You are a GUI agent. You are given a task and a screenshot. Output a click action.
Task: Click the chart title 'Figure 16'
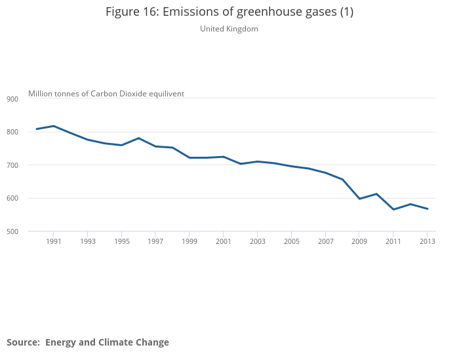[x=229, y=12]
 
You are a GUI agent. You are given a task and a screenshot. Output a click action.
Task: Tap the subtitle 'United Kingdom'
[x=229, y=29]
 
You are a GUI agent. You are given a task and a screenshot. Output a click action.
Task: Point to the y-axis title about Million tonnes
[x=106, y=94]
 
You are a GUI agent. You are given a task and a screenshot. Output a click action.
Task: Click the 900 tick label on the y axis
[x=13, y=99]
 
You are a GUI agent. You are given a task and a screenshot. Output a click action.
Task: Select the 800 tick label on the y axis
[x=13, y=132]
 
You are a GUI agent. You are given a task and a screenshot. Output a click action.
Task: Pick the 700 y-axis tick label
[x=13, y=165]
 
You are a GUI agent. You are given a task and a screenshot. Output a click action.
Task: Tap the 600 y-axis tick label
[x=13, y=198]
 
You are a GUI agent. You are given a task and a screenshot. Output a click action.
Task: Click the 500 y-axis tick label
[x=13, y=231]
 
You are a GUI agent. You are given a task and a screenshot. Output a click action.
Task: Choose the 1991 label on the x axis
[x=54, y=241]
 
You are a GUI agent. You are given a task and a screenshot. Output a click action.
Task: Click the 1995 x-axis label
[x=121, y=241]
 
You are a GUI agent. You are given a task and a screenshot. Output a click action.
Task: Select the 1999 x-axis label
[x=190, y=241]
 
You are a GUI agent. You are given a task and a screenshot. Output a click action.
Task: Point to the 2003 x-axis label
[x=258, y=241]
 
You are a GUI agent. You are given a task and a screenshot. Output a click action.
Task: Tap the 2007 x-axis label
[x=326, y=241]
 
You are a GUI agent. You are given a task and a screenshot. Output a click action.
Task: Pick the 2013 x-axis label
[x=428, y=241]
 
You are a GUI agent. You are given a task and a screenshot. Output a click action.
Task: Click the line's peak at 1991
[x=54, y=126]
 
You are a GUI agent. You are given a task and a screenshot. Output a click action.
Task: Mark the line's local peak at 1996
[x=138, y=138]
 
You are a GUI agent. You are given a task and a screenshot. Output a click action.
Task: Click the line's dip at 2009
[x=359, y=199]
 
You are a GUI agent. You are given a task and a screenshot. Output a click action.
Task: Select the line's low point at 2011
[x=393, y=209]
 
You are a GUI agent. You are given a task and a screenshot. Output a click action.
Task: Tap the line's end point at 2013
[x=428, y=209]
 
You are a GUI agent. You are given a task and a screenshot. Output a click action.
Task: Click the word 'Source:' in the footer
[x=23, y=342]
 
